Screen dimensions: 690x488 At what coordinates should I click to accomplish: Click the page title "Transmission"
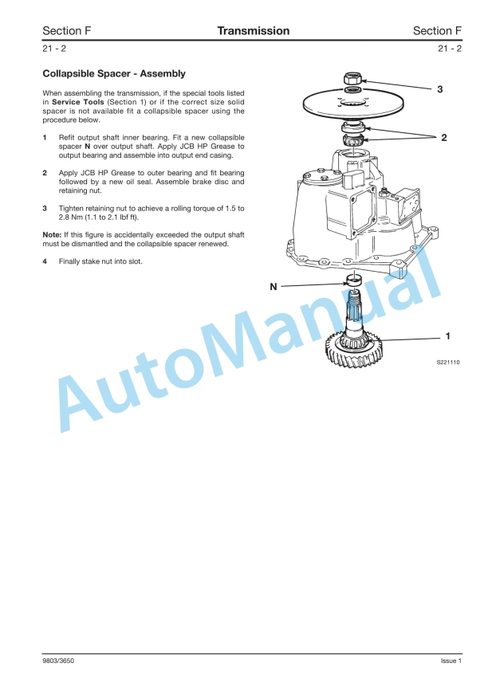coord(253,31)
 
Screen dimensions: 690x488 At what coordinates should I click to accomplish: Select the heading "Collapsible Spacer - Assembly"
coord(114,74)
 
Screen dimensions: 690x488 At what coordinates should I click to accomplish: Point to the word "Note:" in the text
coord(52,235)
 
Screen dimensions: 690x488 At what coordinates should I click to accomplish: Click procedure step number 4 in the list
coord(45,261)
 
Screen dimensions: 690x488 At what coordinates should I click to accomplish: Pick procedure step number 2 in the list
coord(45,173)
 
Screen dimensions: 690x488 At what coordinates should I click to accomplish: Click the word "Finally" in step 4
coord(69,261)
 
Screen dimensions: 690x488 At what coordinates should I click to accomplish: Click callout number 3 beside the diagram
coord(440,88)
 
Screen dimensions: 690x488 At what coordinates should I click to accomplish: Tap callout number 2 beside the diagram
coord(443,137)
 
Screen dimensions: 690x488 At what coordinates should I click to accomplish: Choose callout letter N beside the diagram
coord(274,285)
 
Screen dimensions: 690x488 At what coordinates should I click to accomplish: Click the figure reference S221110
coord(447,362)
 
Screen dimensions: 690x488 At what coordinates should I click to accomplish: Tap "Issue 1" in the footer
coord(451,661)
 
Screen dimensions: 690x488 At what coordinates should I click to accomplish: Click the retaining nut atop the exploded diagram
coord(352,79)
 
